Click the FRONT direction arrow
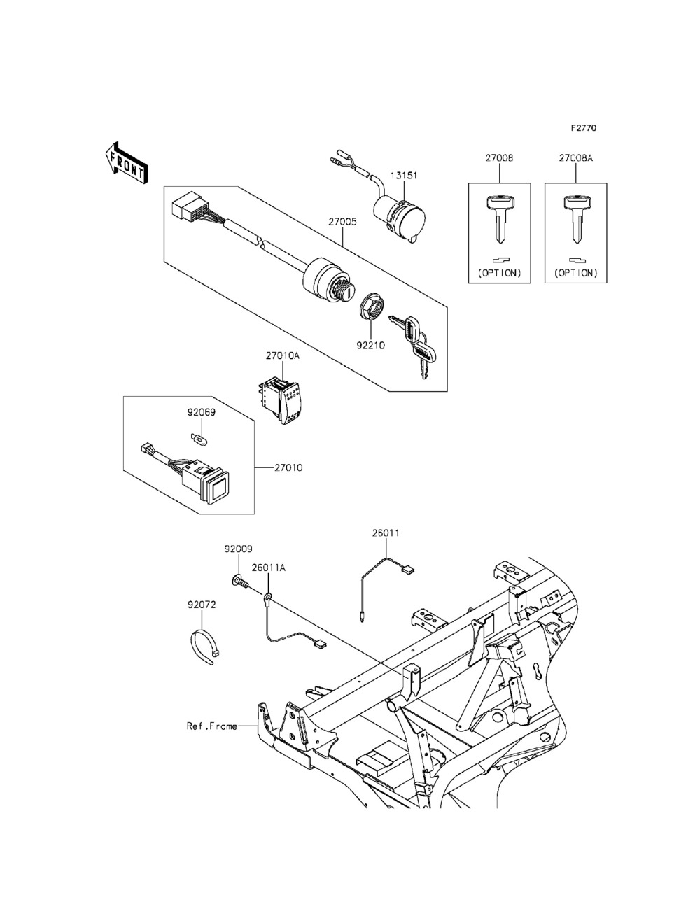click(126, 162)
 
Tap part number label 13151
click(404, 176)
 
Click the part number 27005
click(343, 221)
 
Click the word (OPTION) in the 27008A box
click(575, 273)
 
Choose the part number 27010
click(289, 467)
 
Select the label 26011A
click(268, 568)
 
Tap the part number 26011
click(386, 533)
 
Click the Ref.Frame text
click(211, 726)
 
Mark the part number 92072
click(201, 604)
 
